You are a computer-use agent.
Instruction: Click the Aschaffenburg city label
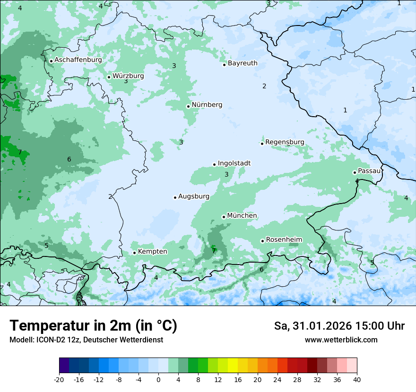point(78,60)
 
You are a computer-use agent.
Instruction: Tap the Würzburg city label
point(128,76)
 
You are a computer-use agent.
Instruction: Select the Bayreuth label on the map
point(243,63)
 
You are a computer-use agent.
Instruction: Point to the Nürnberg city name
point(207,105)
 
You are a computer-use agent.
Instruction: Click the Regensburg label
point(285,142)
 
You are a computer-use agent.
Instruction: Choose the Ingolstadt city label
point(234,163)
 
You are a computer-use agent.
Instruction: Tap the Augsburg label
point(194,196)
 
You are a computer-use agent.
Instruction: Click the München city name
point(242,216)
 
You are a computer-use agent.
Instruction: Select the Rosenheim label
point(284,240)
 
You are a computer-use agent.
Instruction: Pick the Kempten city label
point(152,252)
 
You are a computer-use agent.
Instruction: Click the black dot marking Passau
point(355,172)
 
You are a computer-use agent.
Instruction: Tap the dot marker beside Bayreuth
point(224,65)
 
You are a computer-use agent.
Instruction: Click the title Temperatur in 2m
point(93,326)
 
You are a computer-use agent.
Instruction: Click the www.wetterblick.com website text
point(341,340)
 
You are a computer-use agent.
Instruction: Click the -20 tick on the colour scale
point(59,380)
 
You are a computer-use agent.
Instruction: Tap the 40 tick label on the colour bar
point(357,380)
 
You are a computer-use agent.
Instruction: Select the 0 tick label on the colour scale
point(158,380)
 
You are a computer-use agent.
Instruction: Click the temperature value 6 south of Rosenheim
point(261,270)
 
